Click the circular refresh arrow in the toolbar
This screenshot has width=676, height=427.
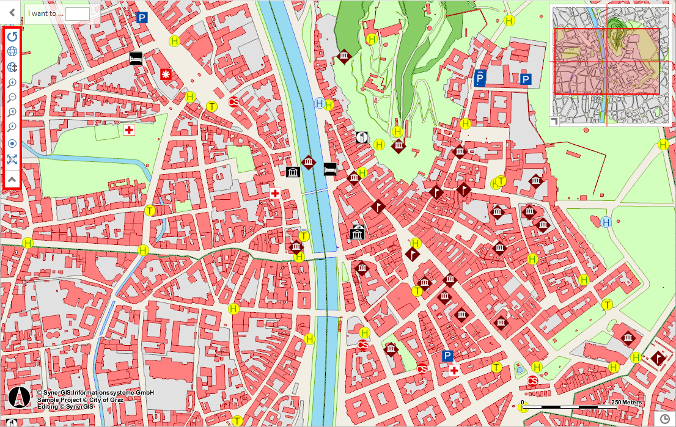[12, 37]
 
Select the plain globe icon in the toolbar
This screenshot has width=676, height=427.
[12, 52]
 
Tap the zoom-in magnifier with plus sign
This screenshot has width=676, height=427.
[12, 82]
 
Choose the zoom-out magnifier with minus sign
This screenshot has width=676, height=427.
[12, 98]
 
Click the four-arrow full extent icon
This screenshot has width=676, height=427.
[12, 160]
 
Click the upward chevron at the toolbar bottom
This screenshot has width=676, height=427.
[12, 179]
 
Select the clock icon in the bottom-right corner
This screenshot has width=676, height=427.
[665, 418]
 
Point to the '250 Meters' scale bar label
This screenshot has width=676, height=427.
[626, 402]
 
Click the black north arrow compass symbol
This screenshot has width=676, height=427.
[20, 398]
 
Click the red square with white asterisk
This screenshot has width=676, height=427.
[166, 74]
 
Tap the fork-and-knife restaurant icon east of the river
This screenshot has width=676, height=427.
[362, 137]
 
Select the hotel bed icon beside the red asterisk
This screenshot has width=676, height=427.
[136, 59]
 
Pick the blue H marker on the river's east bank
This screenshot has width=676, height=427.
[319, 103]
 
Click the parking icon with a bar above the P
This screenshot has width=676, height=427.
[480, 78]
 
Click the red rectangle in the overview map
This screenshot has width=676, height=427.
[607, 61]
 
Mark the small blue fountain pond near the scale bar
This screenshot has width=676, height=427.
[520, 369]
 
